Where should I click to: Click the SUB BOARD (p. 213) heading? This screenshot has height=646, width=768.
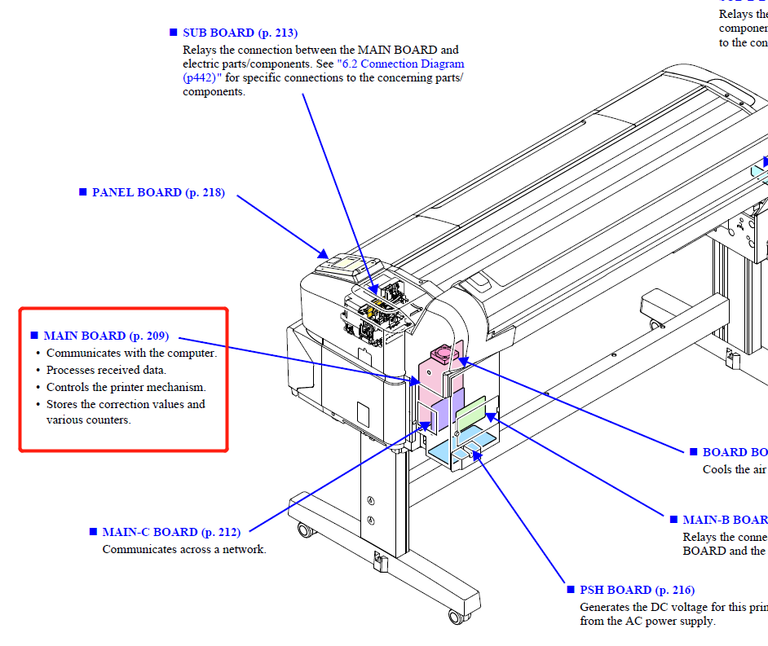[x=240, y=33]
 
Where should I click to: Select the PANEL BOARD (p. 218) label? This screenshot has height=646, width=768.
[x=158, y=193]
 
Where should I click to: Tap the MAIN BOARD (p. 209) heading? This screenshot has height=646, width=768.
[x=106, y=336]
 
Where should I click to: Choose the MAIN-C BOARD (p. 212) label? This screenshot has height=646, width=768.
[x=171, y=532]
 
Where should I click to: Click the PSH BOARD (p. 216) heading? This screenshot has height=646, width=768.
[x=637, y=590]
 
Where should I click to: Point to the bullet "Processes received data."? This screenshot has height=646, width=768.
[x=106, y=370]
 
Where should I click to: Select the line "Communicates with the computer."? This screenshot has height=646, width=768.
[x=131, y=353]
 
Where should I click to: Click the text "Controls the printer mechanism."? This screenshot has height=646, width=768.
[x=126, y=387]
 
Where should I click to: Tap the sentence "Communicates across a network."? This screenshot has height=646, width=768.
[x=184, y=549]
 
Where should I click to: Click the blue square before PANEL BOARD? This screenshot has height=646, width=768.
[x=82, y=192]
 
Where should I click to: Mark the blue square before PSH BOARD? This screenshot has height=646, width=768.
[x=571, y=590]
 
